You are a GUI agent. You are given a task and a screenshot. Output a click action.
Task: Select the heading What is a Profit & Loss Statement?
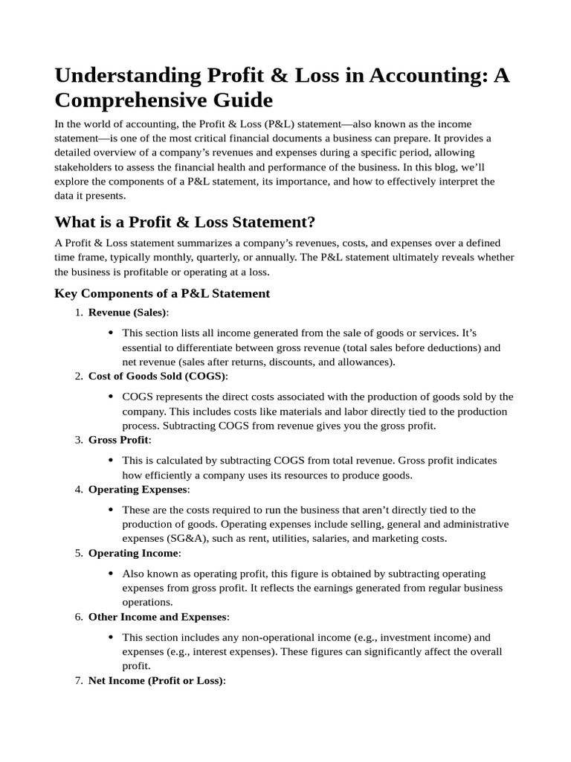click(x=185, y=222)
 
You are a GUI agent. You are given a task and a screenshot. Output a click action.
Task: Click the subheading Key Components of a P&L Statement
click(x=162, y=293)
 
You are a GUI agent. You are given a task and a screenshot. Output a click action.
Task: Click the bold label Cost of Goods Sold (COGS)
click(x=158, y=376)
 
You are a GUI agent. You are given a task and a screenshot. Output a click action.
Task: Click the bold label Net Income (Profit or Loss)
click(x=155, y=681)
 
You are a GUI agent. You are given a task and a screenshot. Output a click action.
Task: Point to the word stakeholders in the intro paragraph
click(x=83, y=167)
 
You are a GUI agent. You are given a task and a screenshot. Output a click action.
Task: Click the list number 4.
click(x=79, y=489)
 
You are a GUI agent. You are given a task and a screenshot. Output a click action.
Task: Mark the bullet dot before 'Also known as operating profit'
click(x=111, y=574)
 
